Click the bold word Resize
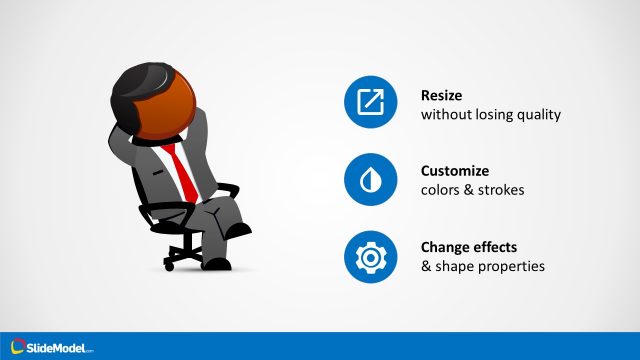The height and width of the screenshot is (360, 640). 443,95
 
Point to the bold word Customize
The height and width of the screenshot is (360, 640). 454,171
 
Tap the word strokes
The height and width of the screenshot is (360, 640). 495,190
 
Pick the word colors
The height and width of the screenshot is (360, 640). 439,190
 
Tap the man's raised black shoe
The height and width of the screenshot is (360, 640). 239,230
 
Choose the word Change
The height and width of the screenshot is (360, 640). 445,247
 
